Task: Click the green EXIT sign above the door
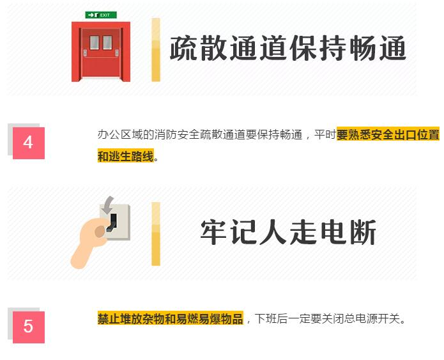point(101,15)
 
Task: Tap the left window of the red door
point(95,42)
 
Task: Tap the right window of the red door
point(107,42)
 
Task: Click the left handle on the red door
point(85,52)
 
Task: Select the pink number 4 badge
point(29,143)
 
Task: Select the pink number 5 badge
point(29,327)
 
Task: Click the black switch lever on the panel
point(112,223)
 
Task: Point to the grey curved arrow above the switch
point(107,205)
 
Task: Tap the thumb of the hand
point(100,231)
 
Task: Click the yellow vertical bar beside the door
point(156,50)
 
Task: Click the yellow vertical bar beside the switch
point(156,234)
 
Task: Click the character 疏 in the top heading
point(183,48)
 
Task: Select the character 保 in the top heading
point(303,48)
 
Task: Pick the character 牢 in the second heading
point(213,232)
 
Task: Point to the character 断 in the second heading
point(363,232)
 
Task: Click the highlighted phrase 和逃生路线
point(126,156)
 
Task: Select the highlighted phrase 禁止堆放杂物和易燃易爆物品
point(171,318)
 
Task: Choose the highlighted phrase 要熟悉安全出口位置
point(388,134)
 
